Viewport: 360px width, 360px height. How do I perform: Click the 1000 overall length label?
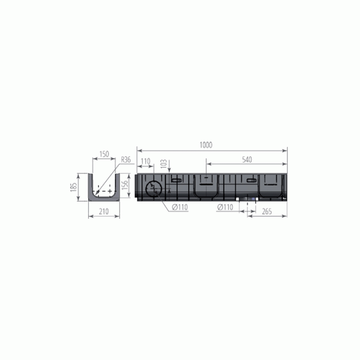click(x=206, y=145)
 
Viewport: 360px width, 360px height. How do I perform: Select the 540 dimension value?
click(x=247, y=159)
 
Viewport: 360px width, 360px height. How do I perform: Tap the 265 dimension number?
click(x=267, y=211)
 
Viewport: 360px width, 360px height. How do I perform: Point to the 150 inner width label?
click(x=104, y=154)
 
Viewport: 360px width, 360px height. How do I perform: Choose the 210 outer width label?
click(x=104, y=211)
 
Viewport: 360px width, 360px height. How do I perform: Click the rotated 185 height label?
click(x=73, y=187)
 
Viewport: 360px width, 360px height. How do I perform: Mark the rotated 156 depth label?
click(x=125, y=185)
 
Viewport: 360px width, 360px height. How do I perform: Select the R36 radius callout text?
click(x=126, y=160)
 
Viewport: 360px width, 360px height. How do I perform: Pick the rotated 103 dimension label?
click(x=164, y=164)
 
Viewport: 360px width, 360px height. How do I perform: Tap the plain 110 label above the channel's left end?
click(x=145, y=161)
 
